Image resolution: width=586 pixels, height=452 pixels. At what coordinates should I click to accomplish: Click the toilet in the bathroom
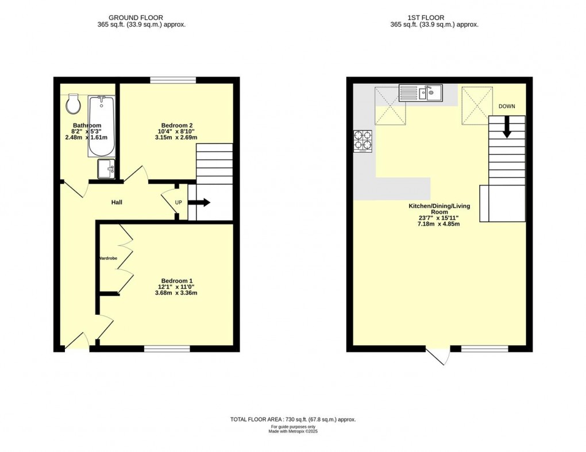(x=73, y=103)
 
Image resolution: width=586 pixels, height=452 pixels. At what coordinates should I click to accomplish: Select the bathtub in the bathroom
(x=101, y=126)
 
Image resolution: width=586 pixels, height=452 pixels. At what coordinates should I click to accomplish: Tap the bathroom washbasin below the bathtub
(x=106, y=169)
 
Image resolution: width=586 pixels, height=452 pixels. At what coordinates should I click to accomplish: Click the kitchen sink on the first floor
(x=421, y=93)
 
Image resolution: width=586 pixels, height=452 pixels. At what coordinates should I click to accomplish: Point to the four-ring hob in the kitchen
(x=363, y=141)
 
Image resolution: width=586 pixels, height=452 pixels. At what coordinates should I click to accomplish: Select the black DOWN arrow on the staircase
(x=507, y=127)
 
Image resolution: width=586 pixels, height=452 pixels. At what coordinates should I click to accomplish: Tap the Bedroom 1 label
(x=176, y=281)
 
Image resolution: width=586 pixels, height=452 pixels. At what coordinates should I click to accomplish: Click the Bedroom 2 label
(x=176, y=125)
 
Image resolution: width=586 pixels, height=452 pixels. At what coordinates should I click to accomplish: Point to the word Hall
(x=117, y=202)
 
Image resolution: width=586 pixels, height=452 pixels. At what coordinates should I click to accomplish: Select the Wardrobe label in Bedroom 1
(x=107, y=258)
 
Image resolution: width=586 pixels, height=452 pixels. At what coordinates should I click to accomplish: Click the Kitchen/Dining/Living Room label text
(x=439, y=208)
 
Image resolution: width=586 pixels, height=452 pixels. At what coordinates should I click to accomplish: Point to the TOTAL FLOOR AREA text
(x=293, y=419)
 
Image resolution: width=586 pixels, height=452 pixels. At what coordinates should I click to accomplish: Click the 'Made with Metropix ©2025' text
(x=293, y=431)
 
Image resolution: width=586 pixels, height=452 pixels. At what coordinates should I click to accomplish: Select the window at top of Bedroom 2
(x=173, y=80)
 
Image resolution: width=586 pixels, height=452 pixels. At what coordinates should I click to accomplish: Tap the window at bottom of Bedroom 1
(x=167, y=349)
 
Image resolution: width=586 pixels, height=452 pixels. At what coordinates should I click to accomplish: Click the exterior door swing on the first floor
(x=439, y=356)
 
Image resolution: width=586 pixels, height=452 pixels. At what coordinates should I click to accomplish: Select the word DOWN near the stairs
(x=507, y=106)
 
